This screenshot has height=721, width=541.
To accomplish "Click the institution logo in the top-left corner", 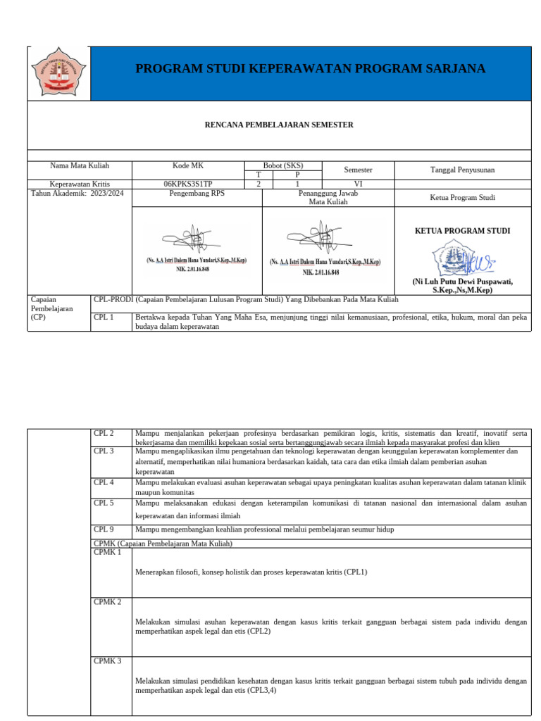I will point(58,73).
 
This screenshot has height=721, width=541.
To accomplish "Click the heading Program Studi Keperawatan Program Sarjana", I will point(310,68).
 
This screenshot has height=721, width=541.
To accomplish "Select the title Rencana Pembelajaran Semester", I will point(279,125).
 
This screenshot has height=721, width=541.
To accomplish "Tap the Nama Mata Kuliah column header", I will point(80,166).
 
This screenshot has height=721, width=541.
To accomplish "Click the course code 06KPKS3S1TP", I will point(187,184).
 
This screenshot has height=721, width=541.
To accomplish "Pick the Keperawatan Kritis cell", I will point(80,184).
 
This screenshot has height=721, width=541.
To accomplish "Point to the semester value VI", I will point(358,184).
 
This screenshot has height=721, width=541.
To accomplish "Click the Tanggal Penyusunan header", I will point(462,170).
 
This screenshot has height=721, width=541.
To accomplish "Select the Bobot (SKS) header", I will point(282,165).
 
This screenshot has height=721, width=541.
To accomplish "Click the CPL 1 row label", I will point(104,317).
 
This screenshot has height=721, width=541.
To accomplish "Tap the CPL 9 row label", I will point(104,529).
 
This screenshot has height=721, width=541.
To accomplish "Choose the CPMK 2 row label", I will point(107,602).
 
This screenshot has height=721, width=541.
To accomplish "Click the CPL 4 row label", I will point(104,482).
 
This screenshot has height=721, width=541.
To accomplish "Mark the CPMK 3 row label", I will point(107,661).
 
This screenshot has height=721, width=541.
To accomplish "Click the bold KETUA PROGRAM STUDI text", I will point(462,231).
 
